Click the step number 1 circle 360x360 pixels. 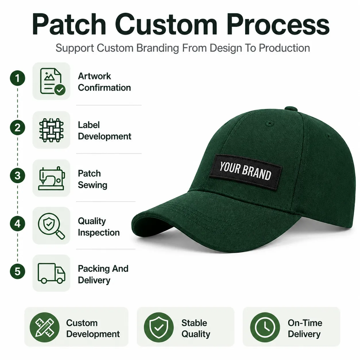(x=18, y=78)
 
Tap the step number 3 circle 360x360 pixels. (x=18, y=175)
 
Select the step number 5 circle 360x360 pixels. (x=18, y=271)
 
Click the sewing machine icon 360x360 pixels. (x=51, y=178)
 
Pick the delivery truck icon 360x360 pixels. (x=51, y=273)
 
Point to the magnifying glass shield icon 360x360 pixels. (x=51, y=226)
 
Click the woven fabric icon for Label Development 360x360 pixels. (x=51, y=130)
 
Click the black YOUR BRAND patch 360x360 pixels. (x=245, y=172)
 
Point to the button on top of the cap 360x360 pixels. (x=291, y=109)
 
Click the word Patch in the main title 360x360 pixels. (x=69, y=24)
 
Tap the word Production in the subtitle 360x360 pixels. (x=284, y=48)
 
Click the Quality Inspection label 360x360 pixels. (x=99, y=227)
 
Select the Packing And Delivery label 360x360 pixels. (x=103, y=274)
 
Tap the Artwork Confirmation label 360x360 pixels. (x=104, y=82)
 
